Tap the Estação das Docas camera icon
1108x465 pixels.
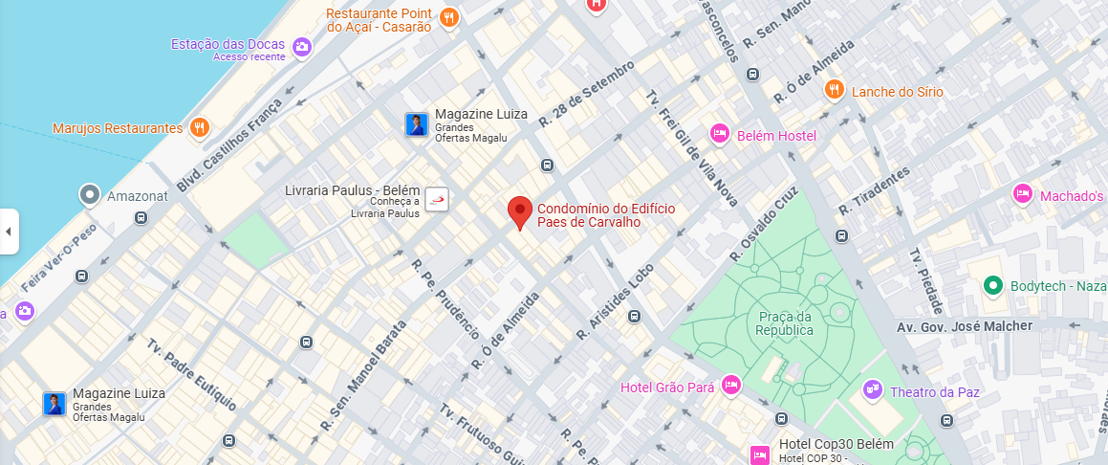(302, 46)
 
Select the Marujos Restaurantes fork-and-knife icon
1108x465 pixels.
(199, 127)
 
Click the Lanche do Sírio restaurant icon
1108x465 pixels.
(835, 90)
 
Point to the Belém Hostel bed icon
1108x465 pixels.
(720, 135)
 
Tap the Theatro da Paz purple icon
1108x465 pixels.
(871, 388)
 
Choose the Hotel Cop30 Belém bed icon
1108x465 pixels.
(760, 454)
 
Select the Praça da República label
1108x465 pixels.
(784, 323)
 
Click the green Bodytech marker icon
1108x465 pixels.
(993, 285)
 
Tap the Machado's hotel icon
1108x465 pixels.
(1023, 194)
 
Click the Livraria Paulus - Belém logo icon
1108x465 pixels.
(437, 199)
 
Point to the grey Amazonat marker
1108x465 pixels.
(91, 195)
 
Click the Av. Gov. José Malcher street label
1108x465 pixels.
(964, 326)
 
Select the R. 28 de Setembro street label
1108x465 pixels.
(586, 96)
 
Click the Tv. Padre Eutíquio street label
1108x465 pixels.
(190, 374)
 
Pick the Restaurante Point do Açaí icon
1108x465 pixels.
(449, 17)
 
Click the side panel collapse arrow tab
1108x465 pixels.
(9, 232)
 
